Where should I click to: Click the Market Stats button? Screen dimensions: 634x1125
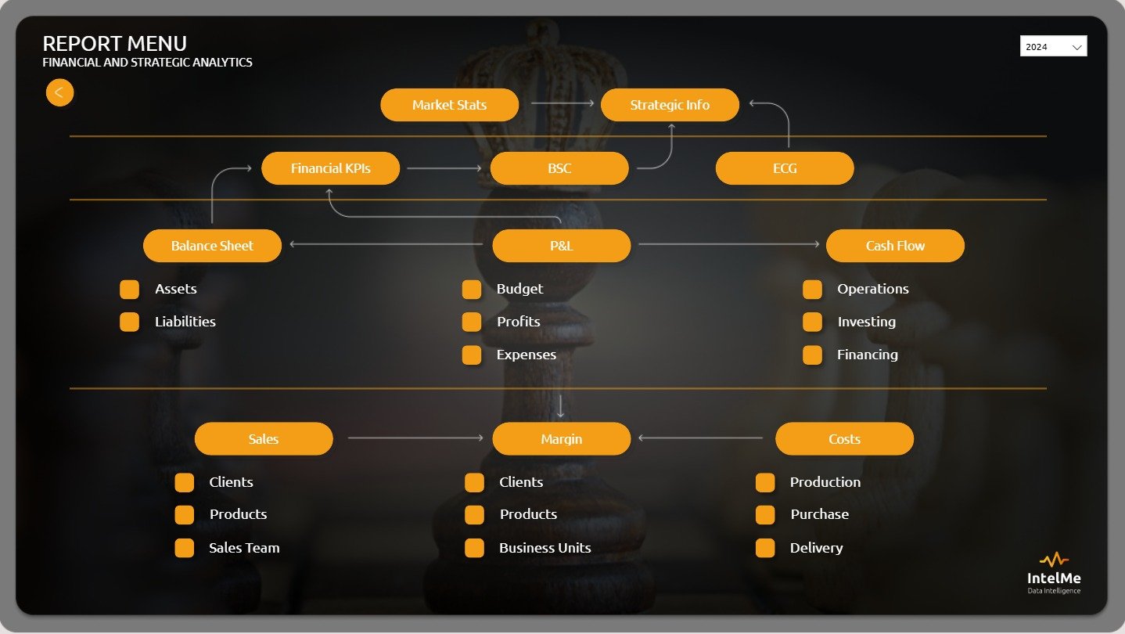pos(449,105)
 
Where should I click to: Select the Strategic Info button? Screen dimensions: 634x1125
pos(670,105)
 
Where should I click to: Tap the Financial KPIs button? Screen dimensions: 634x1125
pos(330,168)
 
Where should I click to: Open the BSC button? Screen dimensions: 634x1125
pos(559,168)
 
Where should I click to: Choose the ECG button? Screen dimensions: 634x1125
pos(784,168)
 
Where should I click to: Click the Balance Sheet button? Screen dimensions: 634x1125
pos(212,246)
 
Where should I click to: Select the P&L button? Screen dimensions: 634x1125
pos(561,246)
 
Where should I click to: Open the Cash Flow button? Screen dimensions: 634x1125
pos(895,246)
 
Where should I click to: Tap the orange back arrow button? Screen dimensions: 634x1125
pos(59,92)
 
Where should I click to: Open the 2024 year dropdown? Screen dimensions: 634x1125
pos(1053,47)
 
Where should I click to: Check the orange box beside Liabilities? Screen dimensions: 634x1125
pos(129,322)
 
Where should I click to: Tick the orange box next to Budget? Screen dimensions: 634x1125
pos(472,290)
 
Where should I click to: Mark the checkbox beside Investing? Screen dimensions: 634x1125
pos(812,322)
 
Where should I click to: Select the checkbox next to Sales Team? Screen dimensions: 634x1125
pos(184,548)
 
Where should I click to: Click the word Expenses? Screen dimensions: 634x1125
pos(527,355)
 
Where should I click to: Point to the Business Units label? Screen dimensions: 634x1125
pos(545,548)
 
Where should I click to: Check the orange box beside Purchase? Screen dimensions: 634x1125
pos(764,514)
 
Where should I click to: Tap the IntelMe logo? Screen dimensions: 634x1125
pos(1054,572)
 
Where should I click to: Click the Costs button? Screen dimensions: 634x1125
pos(844,439)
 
